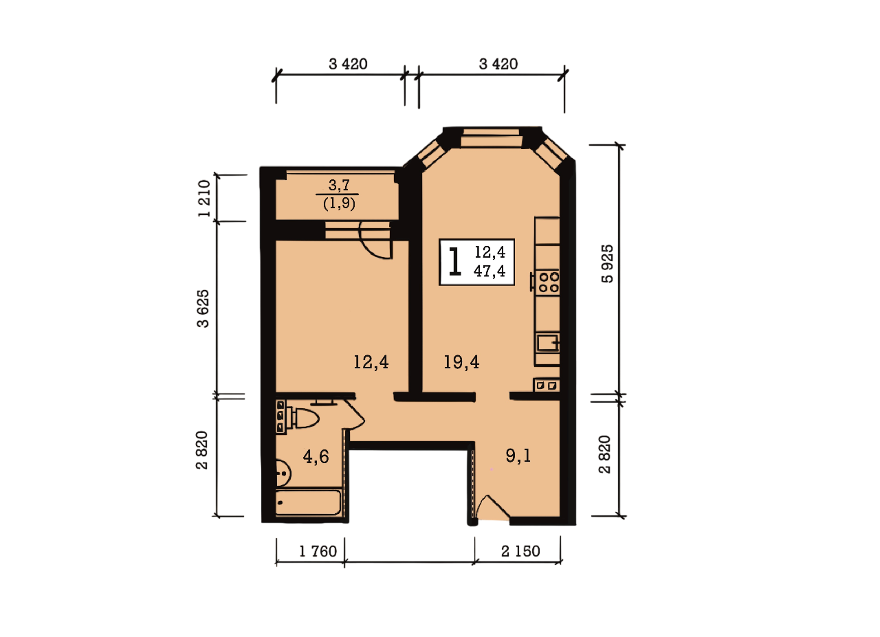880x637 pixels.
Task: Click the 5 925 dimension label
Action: pos(607,263)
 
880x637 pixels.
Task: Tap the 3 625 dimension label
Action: pos(203,309)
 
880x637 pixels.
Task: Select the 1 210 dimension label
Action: pos(204,199)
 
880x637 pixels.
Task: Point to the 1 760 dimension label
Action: pos(318,552)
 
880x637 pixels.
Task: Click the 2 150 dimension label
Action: pos(520,551)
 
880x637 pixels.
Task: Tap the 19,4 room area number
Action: pos(461,361)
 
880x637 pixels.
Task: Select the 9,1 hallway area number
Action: pos(518,456)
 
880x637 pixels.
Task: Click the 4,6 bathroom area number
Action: pos(316,457)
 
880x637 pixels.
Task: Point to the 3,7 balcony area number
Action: pos(339,185)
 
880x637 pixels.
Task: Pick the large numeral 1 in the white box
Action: pos(454,262)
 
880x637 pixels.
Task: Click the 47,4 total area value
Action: pos(489,271)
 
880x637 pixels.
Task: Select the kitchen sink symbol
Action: pos(549,342)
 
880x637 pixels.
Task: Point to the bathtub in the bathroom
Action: pos(309,502)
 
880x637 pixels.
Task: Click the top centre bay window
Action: pos(492,137)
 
